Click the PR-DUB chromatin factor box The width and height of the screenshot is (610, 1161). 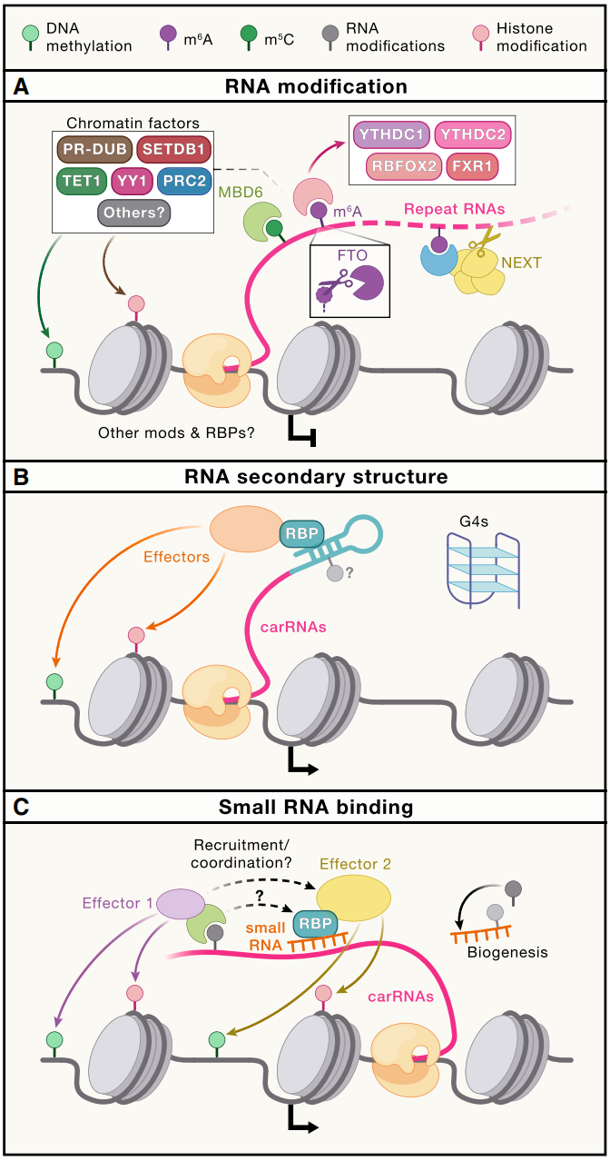[94, 149]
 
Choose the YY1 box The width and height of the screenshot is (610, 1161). [133, 183]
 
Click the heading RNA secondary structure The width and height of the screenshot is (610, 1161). [305, 476]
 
